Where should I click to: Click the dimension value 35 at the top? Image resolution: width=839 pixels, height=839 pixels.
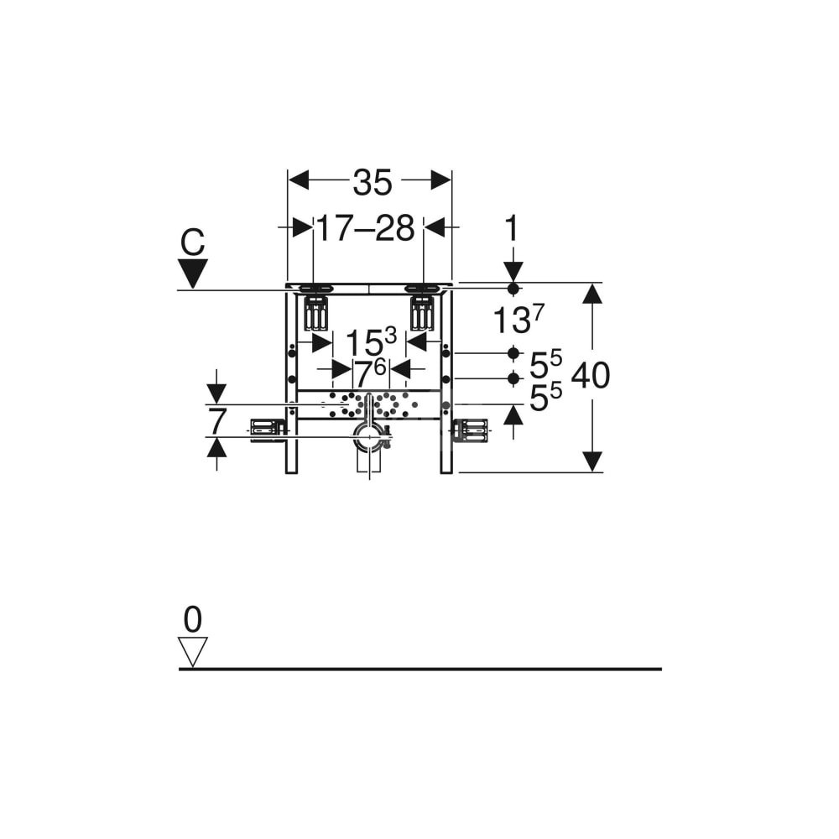pyautogui.click(x=373, y=182)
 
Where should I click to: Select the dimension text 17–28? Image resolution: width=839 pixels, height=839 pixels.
pyautogui.click(x=366, y=228)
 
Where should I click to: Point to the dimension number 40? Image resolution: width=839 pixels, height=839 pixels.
pyautogui.click(x=591, y=375)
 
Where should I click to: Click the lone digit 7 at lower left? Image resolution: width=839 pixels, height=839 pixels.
pyautogui.click(x=216, y=421)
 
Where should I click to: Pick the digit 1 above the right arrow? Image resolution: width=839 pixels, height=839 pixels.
pyautogui.click(x=512, y=228)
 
